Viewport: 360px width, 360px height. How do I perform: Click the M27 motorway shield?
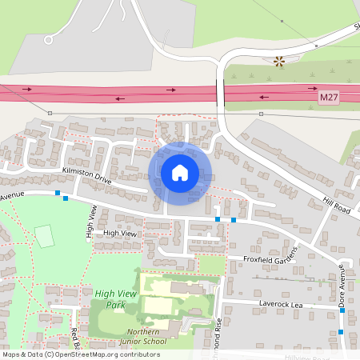[x=328, y=97]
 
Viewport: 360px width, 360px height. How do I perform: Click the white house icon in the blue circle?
[x=180, y=173]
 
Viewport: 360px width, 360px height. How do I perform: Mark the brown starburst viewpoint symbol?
[x=278, y=61]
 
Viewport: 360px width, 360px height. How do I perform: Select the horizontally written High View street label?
[x=120, y=233]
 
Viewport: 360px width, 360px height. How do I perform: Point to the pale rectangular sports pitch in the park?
[x=45, y=236]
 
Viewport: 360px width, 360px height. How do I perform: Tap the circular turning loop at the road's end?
[x=49, y=38]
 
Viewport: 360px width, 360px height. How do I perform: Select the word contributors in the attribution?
[x=136, y=354]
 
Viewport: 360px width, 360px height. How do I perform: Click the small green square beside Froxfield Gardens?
[x=211, y=265]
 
